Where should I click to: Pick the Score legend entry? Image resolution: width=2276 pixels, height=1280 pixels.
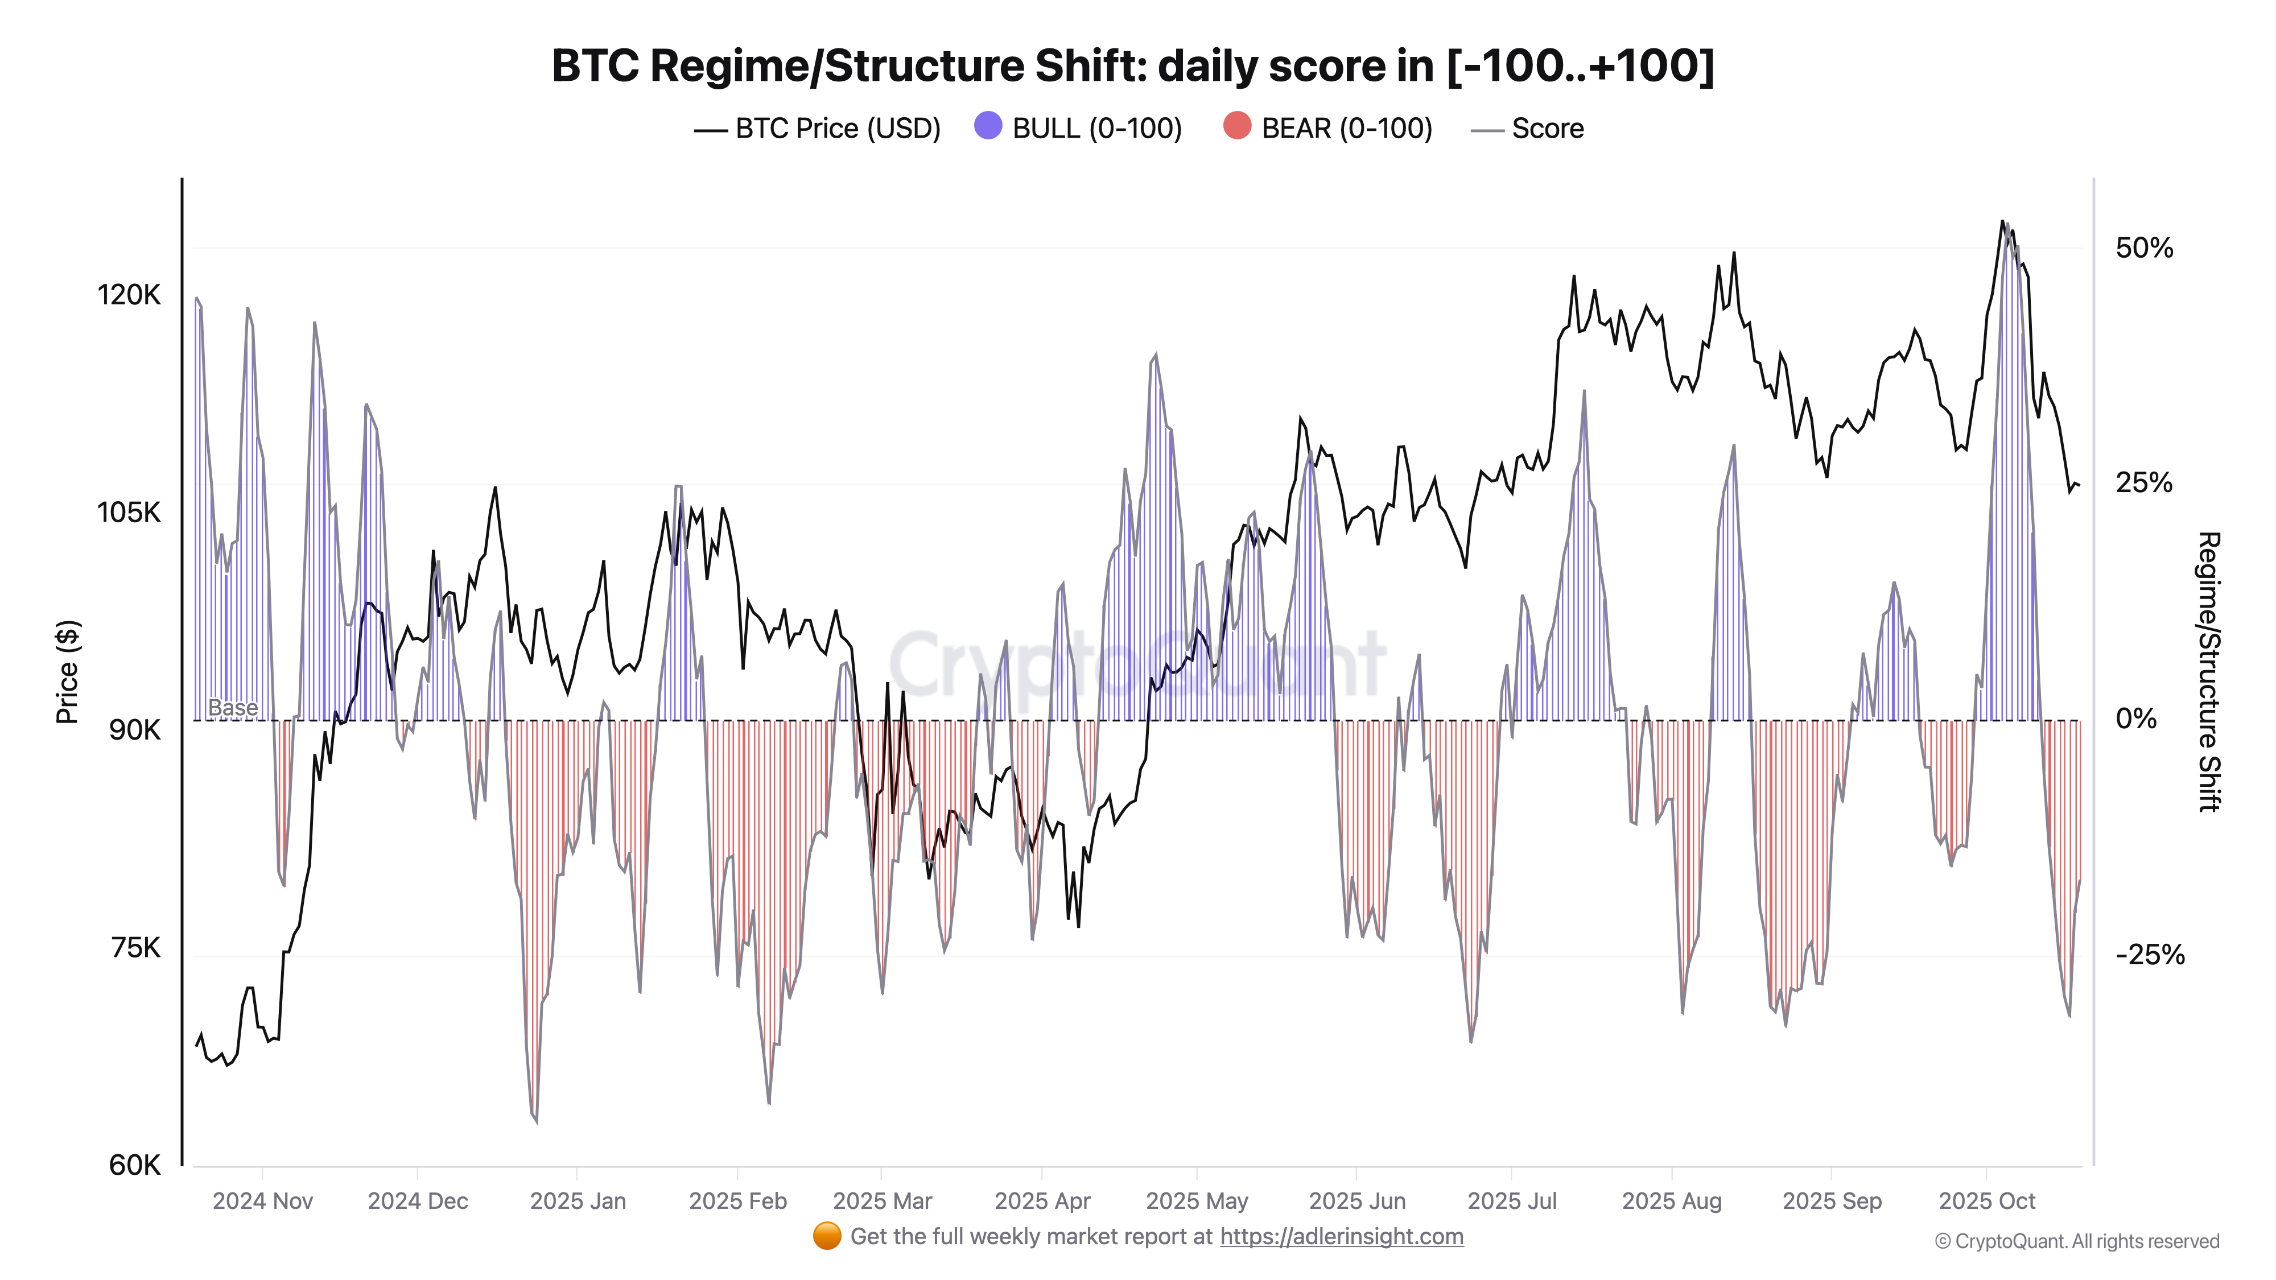point(1528,129)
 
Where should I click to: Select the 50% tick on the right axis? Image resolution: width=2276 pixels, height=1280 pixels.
point(2143,248)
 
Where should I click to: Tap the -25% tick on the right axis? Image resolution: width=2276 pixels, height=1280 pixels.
point(2149,955)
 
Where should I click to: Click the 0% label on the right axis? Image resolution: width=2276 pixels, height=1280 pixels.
point(2135,719)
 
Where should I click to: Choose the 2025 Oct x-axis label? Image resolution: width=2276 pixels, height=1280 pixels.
point(1986,1201)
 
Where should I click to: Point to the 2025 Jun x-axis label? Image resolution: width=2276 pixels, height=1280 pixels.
point(1356,1201)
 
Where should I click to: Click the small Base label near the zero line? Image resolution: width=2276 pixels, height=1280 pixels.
point(232,708)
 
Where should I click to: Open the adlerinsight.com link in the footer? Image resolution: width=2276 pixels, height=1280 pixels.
point(1341,1237)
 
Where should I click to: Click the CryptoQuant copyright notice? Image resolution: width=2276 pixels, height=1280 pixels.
point(2076,1242)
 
